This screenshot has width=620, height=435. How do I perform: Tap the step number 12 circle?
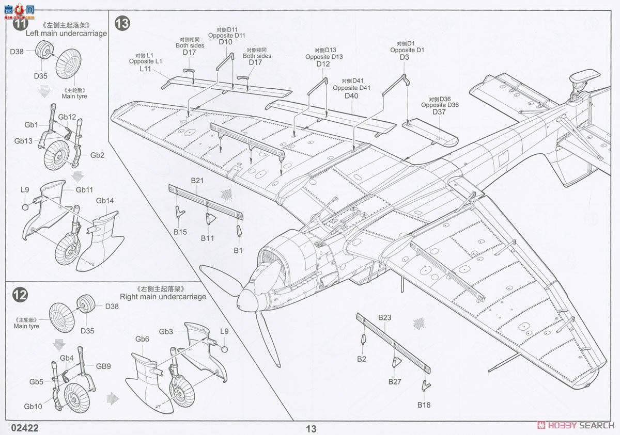pyautogui.click(x=20, y=295)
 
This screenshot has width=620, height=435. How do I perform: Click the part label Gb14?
pyautogui.click(x=105, y=201)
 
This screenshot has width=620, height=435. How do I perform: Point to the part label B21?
pyautogui.click(x=197, y=181)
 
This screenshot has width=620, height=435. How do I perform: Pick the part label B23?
pyautogui.click(x=384, y=318)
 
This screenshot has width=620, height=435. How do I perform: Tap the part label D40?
pyautogui.click(x=351, y=96)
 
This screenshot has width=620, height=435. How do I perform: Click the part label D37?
pyautogui.click(x=439, y=112)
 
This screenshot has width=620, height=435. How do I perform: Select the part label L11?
pyautogui.click(x=145, y=69)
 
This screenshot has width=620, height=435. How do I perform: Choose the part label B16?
pyautogui.click(x=424, y=405)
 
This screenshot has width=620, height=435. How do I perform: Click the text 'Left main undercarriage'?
pyautogui.click(x=66, y=34)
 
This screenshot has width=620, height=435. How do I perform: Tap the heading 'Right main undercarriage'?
pyautogui.click(x=163, y=297)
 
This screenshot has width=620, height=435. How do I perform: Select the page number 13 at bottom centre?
pyautogui.click(x=311, y=429)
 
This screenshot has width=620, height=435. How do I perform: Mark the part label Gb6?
pyautogui.click(x=143, y=339)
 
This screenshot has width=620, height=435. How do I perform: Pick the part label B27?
pyautogui.click(x=395, y=382)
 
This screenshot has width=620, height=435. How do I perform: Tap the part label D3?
pyautogui.click(x=404, y=57)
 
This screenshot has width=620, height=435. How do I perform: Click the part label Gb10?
pyautogui.click(x=33, y=407)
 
